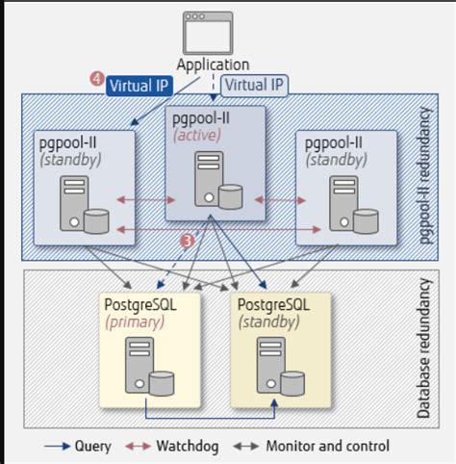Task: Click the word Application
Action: [x=213, y=64]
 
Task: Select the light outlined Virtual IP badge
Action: [x=255, y=85]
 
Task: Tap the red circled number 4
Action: [x=96, y=82]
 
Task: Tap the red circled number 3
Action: [x=189, y=239]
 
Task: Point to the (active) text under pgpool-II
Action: [x=197, y=136]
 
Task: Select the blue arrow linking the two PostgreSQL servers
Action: [x=211, y=417]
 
